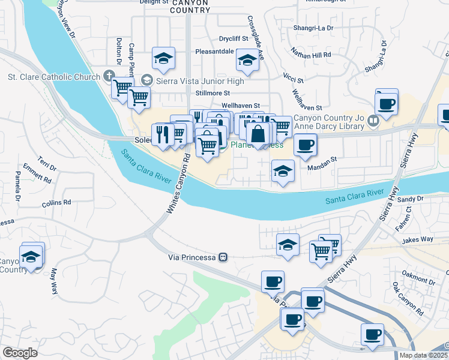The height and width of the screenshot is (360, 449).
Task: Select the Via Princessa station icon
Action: [223, 257]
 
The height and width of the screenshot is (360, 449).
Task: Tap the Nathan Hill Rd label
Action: [311, 55]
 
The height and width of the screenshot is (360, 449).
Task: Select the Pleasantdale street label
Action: [214, 52]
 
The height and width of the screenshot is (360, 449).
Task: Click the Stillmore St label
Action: [213, 93]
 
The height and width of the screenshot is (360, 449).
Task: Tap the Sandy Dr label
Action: [411, 199]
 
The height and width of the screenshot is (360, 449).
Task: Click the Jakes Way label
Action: [418, 239]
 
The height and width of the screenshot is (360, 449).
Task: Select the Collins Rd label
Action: [56, 203]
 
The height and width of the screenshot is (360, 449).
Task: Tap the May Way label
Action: [53, 279]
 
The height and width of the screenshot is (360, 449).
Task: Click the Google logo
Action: [20, 353]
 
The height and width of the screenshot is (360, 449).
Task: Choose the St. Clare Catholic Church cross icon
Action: [109, 76]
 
